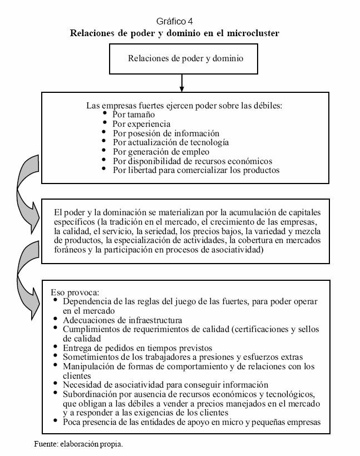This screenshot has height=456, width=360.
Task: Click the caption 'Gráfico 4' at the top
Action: pos(174,22)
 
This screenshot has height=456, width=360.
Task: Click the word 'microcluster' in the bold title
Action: pos(250,33)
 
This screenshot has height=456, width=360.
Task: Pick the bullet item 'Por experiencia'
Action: pos(141,124)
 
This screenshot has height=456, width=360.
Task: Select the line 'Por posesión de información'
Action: pos(165,133)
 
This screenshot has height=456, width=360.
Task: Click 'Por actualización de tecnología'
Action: pos(170,142)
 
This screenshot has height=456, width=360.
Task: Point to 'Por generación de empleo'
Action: pos(160,151)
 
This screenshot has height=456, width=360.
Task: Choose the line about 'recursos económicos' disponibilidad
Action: pos(192,161)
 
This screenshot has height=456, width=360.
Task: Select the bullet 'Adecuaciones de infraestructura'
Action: pos(122,320)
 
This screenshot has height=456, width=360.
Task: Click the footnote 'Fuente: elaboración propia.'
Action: pos(78,444)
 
